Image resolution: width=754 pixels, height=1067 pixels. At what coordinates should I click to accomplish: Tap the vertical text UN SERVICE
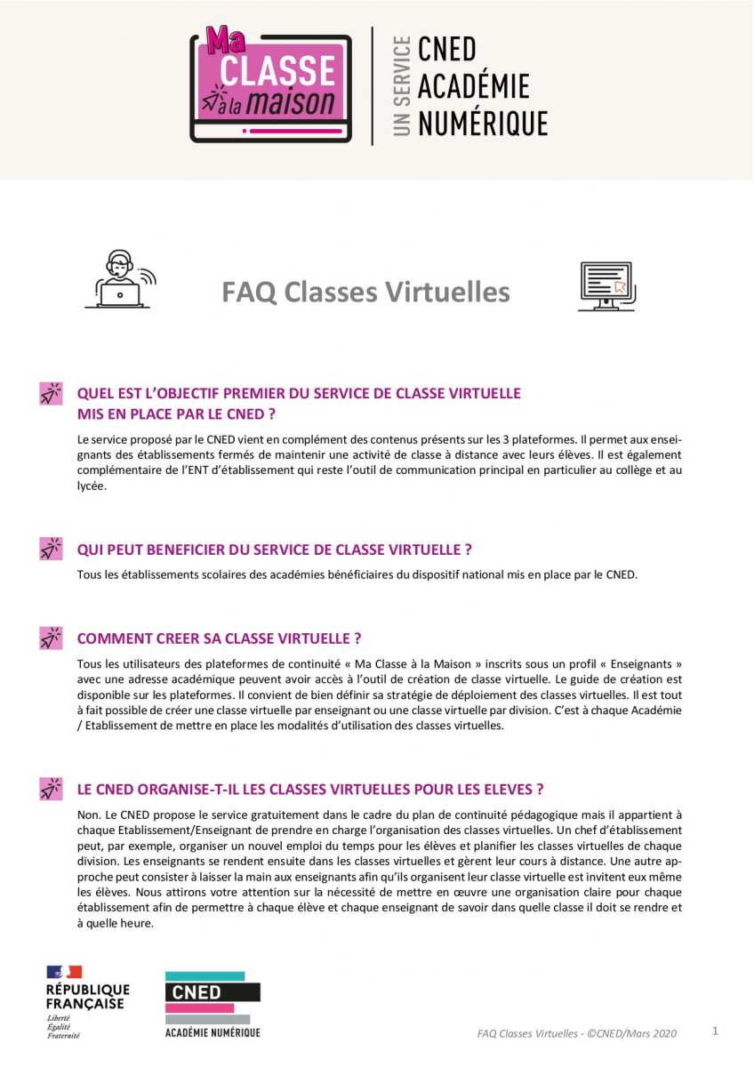(x=402, y=85)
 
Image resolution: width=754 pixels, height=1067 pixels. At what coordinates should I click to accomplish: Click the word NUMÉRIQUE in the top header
(x=482, y=123)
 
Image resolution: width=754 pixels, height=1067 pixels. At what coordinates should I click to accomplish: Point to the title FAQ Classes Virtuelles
(x=365, y=292)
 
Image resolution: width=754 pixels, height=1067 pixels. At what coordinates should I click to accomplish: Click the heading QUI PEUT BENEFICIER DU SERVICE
(x=274, y=550)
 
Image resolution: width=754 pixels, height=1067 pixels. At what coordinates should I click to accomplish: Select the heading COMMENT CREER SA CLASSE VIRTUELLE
(x=219, y=638)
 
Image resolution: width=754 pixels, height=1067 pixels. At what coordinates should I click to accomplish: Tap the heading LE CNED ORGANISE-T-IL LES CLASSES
(x=310, y=790)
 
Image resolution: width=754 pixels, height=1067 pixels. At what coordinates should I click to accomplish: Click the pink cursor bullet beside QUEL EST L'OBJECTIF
(x=51, y=393)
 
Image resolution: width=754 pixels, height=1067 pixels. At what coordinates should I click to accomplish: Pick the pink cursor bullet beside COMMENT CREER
(x=51, y=638)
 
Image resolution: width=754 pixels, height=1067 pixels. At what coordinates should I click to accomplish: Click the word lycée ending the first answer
(x=92, y=486)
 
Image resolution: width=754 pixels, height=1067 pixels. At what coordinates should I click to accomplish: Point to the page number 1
(x=715, y=1031)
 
